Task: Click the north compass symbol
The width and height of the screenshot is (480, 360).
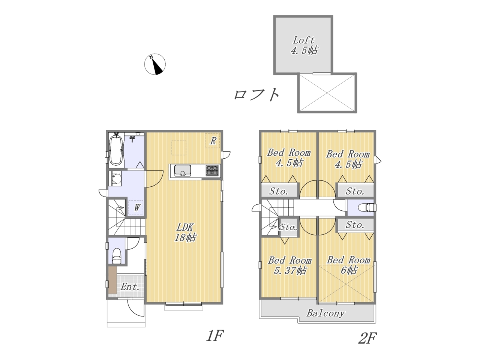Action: [x=155, y=64]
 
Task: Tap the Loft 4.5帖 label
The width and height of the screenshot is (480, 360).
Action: [x=304, y=45]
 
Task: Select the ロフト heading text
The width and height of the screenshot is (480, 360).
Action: [x=257, y=94]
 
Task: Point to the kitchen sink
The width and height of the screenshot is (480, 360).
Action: [x=183, y=171]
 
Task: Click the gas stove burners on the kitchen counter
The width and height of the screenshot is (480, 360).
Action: [x=212, y=171]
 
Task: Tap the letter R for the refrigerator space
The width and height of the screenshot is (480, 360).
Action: [x=213, y=141]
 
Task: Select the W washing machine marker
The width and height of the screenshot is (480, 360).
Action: [x=136, y=208]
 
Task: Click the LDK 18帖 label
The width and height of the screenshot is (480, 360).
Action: [x=186, y=232]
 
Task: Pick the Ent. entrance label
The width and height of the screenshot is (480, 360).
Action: [x=130, y=287]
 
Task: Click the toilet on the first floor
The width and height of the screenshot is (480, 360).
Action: [x=117, y=256]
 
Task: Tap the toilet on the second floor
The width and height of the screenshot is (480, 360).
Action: [x=368, y=207]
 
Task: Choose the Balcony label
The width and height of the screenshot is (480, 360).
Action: [x=325, y=313]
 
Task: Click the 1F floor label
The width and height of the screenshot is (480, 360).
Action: [x=214, y=336]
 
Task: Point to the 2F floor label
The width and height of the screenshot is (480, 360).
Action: [x=367, y=338]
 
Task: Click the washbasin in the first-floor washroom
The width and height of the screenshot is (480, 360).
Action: [x=115, y=178]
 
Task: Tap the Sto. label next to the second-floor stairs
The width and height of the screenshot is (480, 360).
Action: [x=288, y=227]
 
